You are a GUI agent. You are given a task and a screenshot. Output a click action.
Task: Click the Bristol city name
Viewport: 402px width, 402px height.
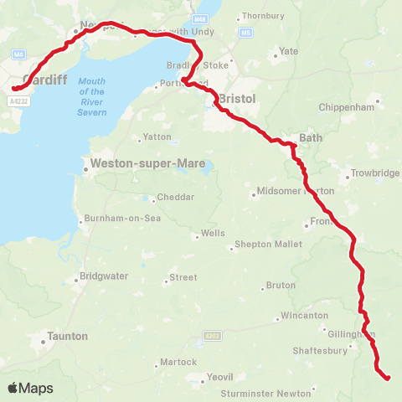click(x=236, y=99)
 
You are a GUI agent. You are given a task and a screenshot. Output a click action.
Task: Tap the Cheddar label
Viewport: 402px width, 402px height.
click(x=176, y=197)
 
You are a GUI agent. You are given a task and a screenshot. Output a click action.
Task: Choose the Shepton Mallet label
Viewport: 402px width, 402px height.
click(x=265, y=246)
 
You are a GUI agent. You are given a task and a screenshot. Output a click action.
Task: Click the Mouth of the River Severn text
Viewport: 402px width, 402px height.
click(x=91, y=91)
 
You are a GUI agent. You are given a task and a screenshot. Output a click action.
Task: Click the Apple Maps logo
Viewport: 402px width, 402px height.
click(x=30, y=388)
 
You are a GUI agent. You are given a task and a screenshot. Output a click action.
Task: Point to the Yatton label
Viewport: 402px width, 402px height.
click(x=157, y=137)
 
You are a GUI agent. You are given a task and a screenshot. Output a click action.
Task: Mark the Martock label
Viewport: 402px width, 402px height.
click(x=179, y=362)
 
